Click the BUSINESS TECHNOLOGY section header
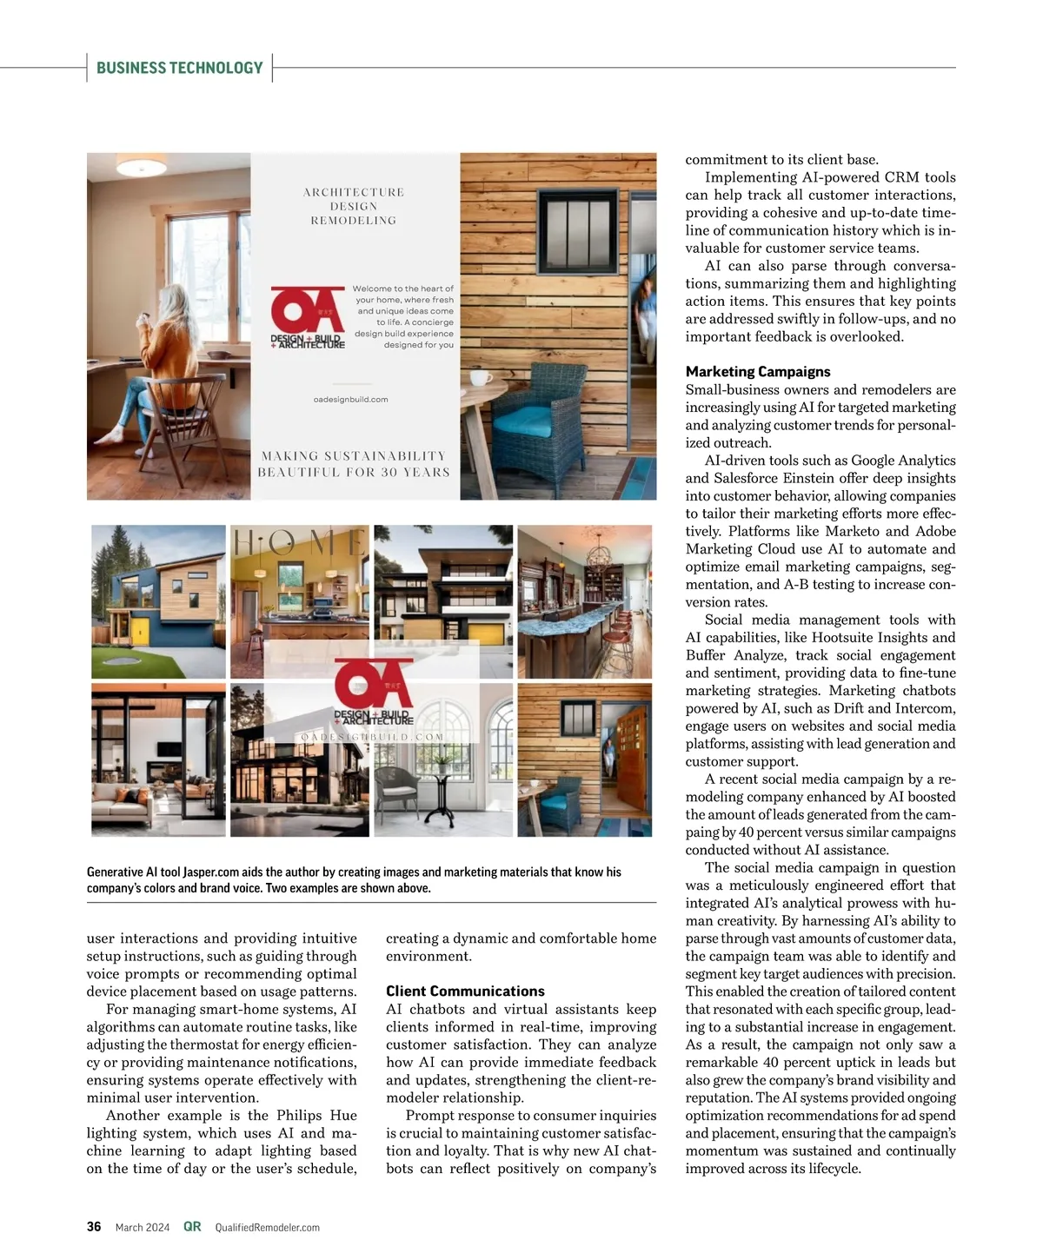pos(179,68)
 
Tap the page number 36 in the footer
pos(94,1227)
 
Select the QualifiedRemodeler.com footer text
pos(267,1228)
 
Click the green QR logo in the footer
pos(192,1227)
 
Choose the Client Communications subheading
pos(465,991)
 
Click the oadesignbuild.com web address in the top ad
pos(350,400)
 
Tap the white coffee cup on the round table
pos(478,378)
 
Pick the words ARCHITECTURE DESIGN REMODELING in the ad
pos(353,206)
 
